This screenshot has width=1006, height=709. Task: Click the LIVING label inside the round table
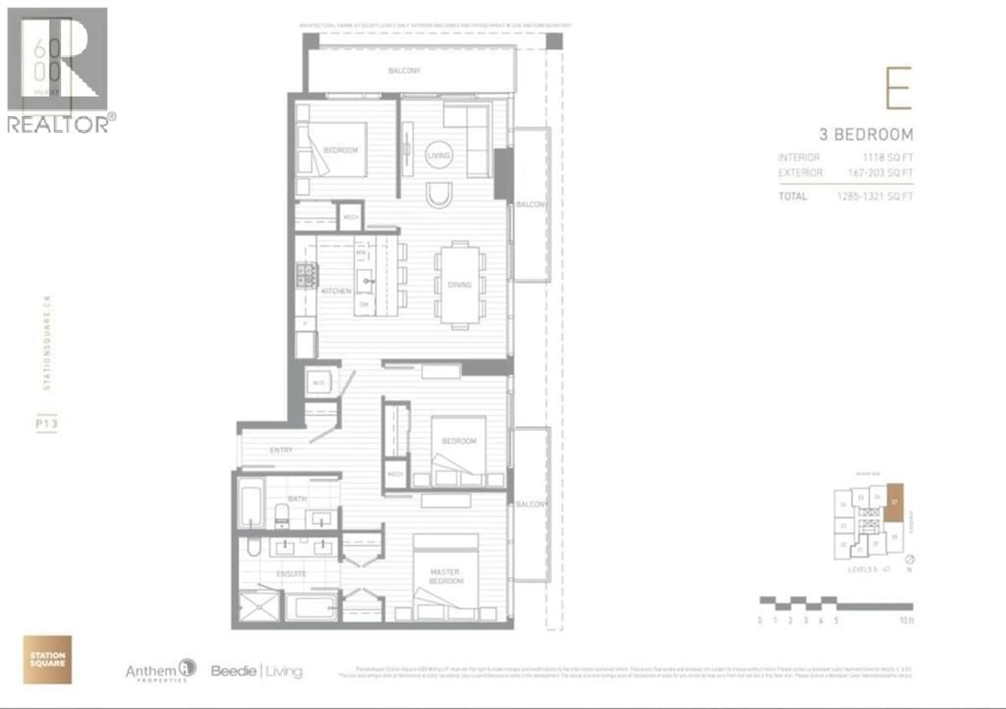click(x=439, y=155)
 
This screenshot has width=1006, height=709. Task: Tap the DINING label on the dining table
click(x=459, y=284)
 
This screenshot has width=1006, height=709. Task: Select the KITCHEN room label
click(x=336, y=291)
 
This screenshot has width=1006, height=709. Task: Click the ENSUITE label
click(x=291, y=573)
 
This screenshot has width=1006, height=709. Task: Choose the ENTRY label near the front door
click(x=281, y=450)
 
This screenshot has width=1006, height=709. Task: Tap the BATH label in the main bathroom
click(x=297, y=498)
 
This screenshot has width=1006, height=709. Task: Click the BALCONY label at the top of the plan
click(x=404, y=71)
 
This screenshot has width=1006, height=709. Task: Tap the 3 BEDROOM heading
click(x=866, y=134)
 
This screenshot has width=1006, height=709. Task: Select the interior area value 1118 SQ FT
click(x=888, y=157)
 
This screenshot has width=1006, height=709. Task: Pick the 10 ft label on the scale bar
click(x=906, y=620)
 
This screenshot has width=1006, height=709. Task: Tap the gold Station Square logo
click(x=47, y=659)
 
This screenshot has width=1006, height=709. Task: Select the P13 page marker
click(x=46, y=423)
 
